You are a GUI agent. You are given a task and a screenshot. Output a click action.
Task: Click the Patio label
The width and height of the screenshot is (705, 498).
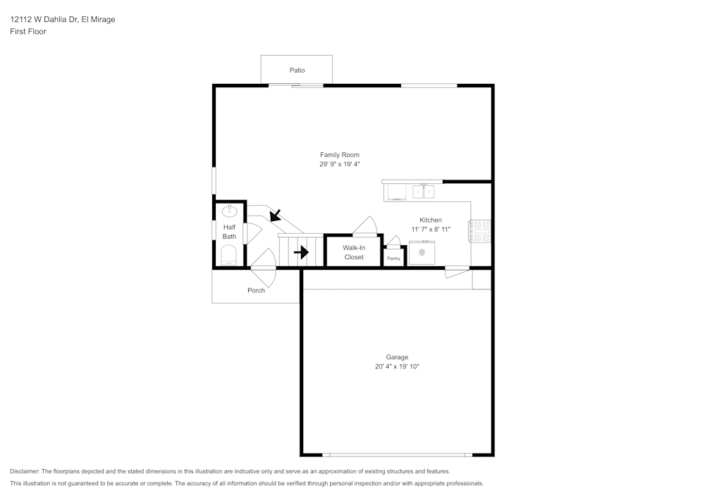pyautogui.click(x=297, y=70)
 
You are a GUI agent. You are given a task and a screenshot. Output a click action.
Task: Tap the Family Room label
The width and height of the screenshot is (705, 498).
pyautogui.click(x=340, y=155)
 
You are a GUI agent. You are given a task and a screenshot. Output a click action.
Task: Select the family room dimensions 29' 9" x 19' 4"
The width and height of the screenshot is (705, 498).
pyautogui.click(x=340, y=164)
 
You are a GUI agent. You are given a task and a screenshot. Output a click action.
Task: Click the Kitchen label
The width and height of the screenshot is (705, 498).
pyautogui.click(x=431, y=220)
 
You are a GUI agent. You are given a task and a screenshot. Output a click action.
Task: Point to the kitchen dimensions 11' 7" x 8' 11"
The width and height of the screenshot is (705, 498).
pyautogui.click(x=431, y=230)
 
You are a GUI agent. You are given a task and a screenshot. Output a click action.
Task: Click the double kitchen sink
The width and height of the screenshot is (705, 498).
pyautogui.click(x=423, y=191)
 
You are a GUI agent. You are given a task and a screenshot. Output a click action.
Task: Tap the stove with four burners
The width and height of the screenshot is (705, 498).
pyautogui.click(x=481, y=232)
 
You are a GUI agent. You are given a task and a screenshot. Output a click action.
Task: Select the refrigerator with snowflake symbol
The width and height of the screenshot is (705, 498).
pyautogui.click(x=422, y=252)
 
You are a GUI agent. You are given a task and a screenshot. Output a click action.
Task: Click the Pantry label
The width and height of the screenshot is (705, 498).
pyautogui.click(x=393, y=259)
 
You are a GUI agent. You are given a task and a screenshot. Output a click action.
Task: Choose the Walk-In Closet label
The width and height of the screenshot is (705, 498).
pyautogui.click(x=354, y=252)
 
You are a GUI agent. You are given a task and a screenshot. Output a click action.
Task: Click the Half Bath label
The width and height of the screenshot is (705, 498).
pyautogui.click(x=230, y=232)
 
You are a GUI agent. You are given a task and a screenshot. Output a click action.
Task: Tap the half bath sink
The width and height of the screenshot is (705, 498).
pyautogui.click(x=230, y=211)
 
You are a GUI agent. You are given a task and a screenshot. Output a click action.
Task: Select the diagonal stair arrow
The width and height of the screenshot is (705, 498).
pyautogui.click(x=274, y=214)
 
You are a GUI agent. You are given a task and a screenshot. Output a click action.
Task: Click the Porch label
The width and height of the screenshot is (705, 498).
pyautogui.click(x=256, y=290)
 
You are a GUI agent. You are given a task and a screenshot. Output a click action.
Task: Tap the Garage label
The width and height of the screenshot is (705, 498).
pyautogui.click(x=397, y=357)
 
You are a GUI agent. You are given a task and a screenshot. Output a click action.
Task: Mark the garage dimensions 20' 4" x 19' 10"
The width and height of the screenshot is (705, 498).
pyautogui.click(x=397, y=366)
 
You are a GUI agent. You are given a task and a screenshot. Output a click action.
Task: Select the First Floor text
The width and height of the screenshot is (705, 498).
pyautogui.click(x=28, y=32)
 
